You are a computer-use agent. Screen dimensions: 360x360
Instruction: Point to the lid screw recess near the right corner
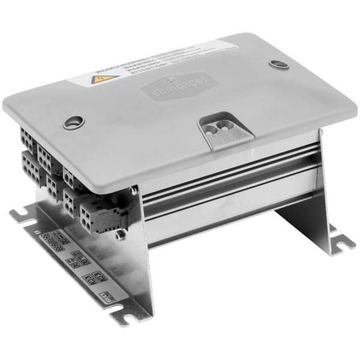(277, 64)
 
